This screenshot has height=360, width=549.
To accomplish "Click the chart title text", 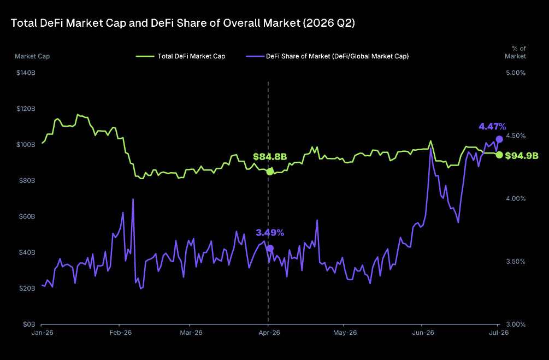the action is (183, 23).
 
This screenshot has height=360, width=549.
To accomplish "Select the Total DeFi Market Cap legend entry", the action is (181, 56).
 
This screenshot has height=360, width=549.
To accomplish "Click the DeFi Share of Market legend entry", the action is (327, 56).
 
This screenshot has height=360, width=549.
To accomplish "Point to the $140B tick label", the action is (26, 73).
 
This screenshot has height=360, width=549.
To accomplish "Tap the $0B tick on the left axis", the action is (29, 324).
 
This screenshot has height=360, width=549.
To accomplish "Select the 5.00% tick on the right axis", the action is (516, 73).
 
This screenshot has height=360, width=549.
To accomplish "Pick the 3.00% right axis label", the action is (516, 324).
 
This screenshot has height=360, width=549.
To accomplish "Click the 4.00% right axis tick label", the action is (516, 198).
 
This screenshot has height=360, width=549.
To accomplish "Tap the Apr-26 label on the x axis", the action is (269, 333).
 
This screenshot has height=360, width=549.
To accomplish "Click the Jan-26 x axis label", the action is (43, 333).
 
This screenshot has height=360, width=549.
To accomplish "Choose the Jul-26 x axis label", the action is (499, 333).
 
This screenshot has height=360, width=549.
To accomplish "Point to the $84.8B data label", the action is (270, 157).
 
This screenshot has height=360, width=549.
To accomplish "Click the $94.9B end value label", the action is (522, 156).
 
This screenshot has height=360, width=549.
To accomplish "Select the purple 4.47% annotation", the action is (492, 126).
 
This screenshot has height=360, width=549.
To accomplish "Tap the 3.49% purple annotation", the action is (270, 233).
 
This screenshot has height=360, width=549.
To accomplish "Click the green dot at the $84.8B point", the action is (270, 172).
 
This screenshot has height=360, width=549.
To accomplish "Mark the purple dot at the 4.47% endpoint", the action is (499, 139).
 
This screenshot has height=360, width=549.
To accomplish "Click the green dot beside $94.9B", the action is (499, 155).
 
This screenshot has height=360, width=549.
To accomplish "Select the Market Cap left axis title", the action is (32, 56).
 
